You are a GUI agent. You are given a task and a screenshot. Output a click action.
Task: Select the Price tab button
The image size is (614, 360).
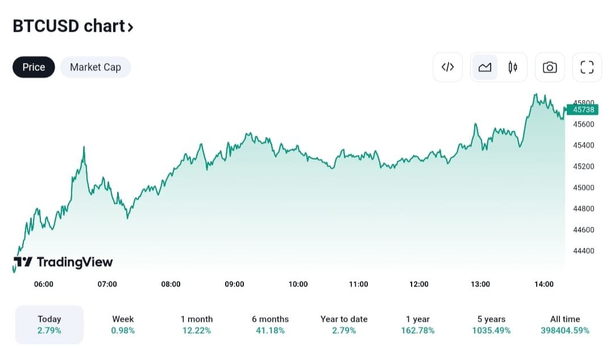pyautogui.click(x=34, y=67)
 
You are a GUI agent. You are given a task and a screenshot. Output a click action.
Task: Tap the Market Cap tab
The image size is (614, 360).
pyautogui.click(x=95, y=67)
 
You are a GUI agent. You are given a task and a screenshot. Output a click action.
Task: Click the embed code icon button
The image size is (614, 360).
pyautogui.click(x=447, y=67)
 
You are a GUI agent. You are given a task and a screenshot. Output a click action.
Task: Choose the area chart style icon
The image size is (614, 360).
pyautogui.click(x=485, y=67)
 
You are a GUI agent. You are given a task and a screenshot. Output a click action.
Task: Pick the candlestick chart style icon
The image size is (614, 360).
pyautogui.click(x=513, y=67)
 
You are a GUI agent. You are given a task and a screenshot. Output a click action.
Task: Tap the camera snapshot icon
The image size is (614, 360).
pyautogui.click(x=550, y=67)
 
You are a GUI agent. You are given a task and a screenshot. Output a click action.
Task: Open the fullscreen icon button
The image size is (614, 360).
pyautogui.click(x=587, y=67)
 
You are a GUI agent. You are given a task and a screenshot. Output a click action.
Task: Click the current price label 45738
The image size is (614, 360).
pyautogui.click(x=583, y=110)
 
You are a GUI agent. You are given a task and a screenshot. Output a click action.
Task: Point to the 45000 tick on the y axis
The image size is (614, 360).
pyautogui.click(x=583, y=188)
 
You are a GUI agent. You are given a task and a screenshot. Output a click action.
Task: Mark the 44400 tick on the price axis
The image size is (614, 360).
pyautogui.click(x=583, y=251)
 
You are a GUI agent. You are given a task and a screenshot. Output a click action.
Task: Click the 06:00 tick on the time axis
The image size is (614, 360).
pyautogui.click(x=44, y=284)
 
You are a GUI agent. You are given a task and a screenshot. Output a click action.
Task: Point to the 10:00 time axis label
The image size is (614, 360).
pyautogui.click(x=298, y=284)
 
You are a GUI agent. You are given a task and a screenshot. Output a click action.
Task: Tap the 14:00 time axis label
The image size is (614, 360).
pyautogui.click(x=544, y=284)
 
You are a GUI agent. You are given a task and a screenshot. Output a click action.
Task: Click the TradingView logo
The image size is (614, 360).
pyautogui.click(x=63, y=262)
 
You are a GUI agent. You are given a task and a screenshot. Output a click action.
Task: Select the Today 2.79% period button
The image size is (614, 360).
pyautogui.click(x=49, y=325)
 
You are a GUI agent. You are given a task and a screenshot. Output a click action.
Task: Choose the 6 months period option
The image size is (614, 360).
pyautogui.click(x=270, y=325)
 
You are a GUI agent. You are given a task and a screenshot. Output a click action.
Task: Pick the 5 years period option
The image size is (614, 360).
pyautogui.click(x=491, y=325)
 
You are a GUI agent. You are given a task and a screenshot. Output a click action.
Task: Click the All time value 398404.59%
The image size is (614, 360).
pyautogui.click(x=565, y=330)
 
